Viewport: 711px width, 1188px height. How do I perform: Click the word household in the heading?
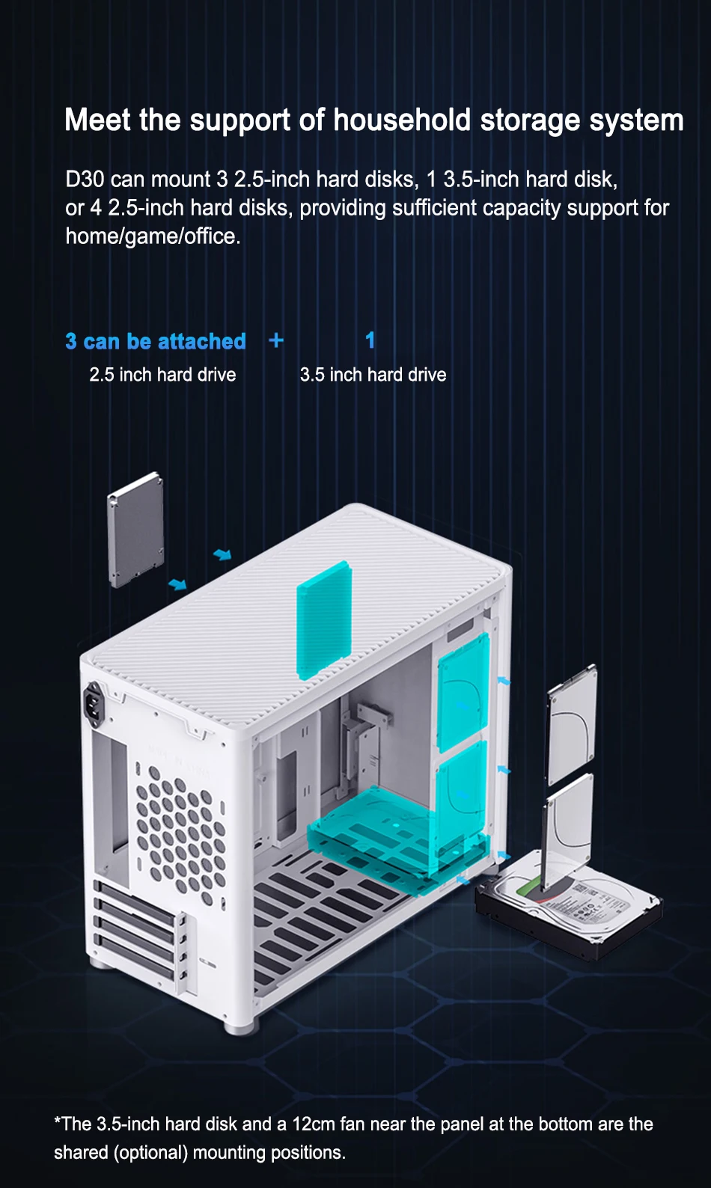click(402, 120)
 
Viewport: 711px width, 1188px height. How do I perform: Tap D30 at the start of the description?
click(85, 180)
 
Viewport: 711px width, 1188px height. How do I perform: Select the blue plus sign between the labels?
click(276, 340)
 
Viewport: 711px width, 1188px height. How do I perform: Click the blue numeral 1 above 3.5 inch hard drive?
click(370, 340)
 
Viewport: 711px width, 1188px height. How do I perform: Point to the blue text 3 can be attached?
click(156, 341)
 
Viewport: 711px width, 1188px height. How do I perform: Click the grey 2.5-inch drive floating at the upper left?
click(135, 530)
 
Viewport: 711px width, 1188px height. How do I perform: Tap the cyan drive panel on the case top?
click(323, 620)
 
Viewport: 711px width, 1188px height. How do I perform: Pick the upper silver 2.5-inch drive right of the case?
click(572, 724)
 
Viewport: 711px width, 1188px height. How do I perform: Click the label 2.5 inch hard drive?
click(162, 375)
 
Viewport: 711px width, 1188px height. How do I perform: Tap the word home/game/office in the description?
click(153, 236)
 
